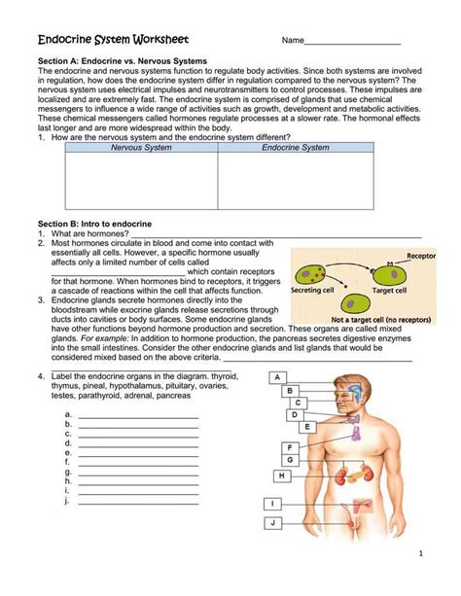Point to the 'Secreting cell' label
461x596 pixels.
[x=317, y=290]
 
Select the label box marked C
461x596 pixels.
[x=298, y=402]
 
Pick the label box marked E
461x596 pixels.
[x=307, y=426]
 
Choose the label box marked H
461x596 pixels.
[x=281, y=475]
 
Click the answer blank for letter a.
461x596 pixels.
[x=138, y=415]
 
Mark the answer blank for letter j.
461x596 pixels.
[x=138, y=504]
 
